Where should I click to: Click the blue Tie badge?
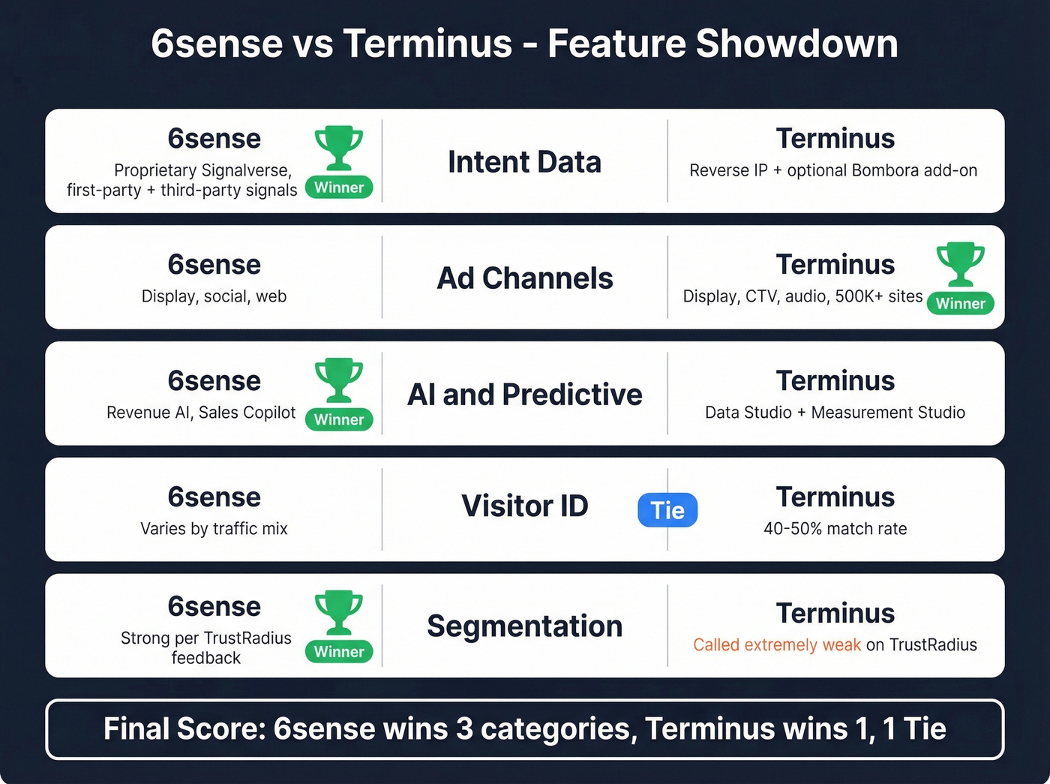pyautogui.click(x=667, y=510)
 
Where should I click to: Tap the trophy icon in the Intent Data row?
pyautogui.click(x=339, y=147)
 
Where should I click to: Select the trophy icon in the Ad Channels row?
pyautogui.click(x=960, y=263)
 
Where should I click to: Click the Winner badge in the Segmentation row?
pyautogui.click(x=339, y=651)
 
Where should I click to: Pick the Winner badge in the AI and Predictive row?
pyautogui.click(x=339, y=419)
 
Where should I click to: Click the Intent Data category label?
pyautogui.click(x=524, y=162)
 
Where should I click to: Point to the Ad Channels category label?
pyautogui.click(x=525, y=278)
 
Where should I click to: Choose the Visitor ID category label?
pyautogui.click(x=524, y=506)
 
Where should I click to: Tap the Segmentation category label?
pyautogui.click(x=524, y=626)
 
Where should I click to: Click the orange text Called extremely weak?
pyautogui.click(x=776, y=645)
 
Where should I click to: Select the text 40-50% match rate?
pyautogui.click(x=835, y=529)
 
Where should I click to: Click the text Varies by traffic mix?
pyautogui.click(x=214, y=529)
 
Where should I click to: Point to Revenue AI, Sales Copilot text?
pyautogui.click(x=201, y=413)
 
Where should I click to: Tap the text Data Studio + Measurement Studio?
pyautogui.click(x=835, y=413)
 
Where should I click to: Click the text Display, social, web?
pyautogui.click(x=214, y=296)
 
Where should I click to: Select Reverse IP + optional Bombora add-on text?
pyautogui.click(x=833, y=170)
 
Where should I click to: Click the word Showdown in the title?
pyautogui.click(x=796, y=44)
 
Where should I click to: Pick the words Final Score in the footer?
pyautogui.click(x=184, y=729)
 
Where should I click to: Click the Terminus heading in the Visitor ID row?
pyautogui.click(x=835, y=497)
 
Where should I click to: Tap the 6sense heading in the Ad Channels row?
pyautogui.click(x=214, y=265)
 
